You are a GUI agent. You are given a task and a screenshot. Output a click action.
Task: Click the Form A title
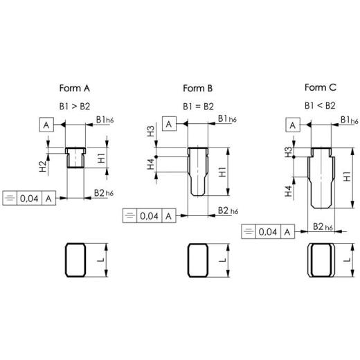(75, 88)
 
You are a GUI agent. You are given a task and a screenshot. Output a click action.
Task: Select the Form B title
(198, 88)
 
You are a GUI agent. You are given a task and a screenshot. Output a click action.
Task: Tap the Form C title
(321, 87)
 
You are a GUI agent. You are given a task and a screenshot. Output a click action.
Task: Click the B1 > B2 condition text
(75, 107)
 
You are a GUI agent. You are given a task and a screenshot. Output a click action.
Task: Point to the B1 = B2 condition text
(198, 107)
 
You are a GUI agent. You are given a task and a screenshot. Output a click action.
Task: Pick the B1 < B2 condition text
(320, 106)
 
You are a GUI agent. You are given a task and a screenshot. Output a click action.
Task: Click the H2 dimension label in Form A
(43, 166)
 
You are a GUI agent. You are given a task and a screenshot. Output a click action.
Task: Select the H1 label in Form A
(102, 158)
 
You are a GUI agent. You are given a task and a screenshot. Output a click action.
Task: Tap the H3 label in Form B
(151, 131)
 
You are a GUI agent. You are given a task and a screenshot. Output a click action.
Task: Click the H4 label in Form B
(151, 164)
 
